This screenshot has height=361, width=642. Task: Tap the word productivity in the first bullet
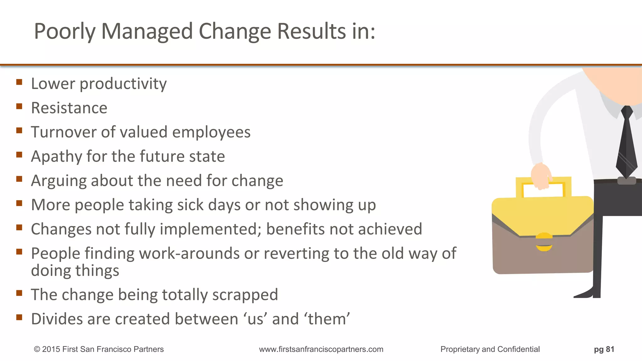click(123, 84)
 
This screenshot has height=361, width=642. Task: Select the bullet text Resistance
click(69, 108)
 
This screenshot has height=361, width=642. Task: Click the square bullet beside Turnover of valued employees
click(19, 130)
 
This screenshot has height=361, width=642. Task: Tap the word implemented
click(210, 229)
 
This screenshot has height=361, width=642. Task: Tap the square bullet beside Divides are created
click(19, 317)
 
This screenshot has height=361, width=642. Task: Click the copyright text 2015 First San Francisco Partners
click(99, 349)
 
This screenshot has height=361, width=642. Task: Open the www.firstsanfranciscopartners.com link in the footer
click(321, 349)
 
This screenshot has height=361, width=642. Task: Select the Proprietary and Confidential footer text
click(490, 349)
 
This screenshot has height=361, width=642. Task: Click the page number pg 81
click(604, 349)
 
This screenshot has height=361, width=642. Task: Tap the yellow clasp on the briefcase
click(544, 242)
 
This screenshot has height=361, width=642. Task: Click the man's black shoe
click(586, 294)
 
